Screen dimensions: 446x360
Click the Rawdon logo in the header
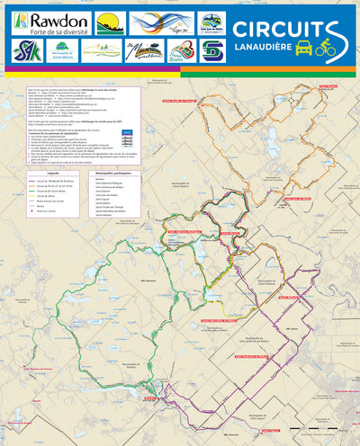point(50,22)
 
